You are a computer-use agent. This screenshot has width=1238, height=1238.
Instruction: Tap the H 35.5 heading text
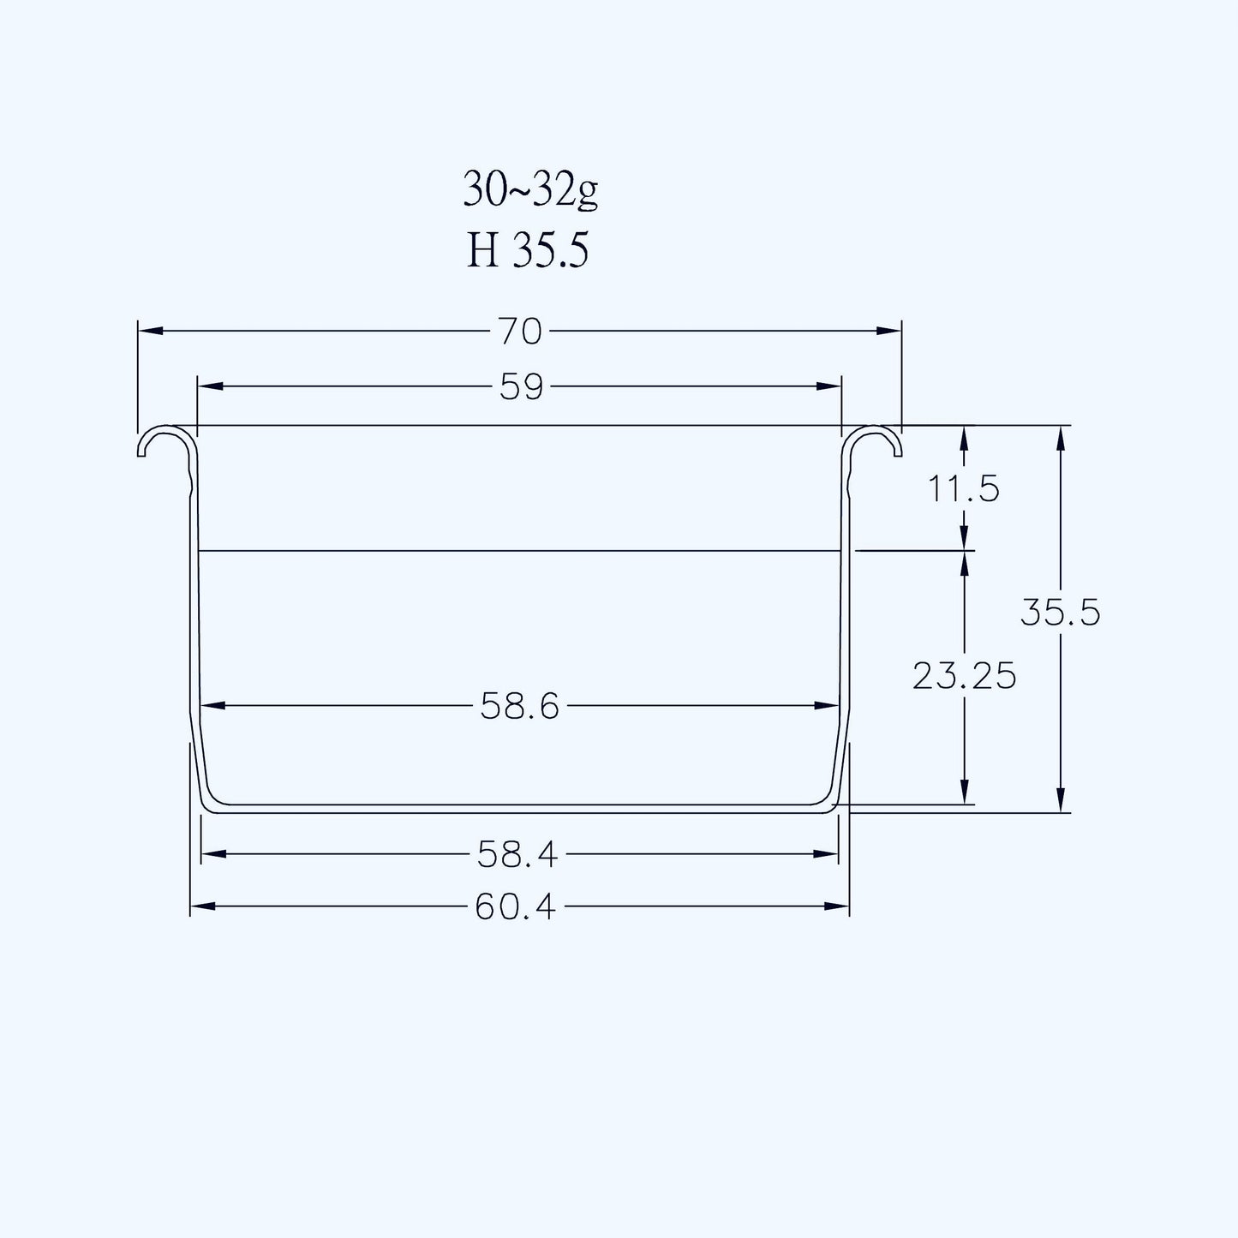click(527, 250)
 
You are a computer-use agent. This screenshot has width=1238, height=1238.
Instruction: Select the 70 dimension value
click(520, 332)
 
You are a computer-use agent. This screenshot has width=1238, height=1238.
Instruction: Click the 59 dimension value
click(521, 387)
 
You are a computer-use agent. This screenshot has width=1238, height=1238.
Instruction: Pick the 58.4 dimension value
click(517, 855)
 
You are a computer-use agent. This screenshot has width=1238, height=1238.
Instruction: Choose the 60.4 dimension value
click(515, 907)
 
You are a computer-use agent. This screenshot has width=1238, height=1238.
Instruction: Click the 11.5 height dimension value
click(964, 489)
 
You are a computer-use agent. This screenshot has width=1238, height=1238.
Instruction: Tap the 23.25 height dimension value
click(965, 676)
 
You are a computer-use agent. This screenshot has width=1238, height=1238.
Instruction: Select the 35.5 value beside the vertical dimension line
click(1061, 613)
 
